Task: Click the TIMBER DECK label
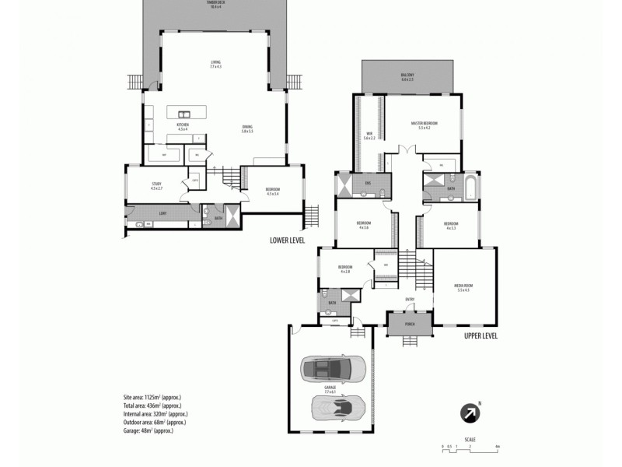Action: pos(215,5)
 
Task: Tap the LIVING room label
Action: pos(215,64)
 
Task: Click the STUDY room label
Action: pos(156,186)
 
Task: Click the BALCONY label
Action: pos(407,77)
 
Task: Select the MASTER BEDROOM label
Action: pos(425,124)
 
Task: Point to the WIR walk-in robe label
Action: pos(369,135)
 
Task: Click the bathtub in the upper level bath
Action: pos(470,186)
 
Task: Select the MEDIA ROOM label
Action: pos(464,287)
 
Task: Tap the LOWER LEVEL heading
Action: pos(287,241)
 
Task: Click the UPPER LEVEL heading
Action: pos(480,336)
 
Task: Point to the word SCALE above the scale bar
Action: pos(470,439)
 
